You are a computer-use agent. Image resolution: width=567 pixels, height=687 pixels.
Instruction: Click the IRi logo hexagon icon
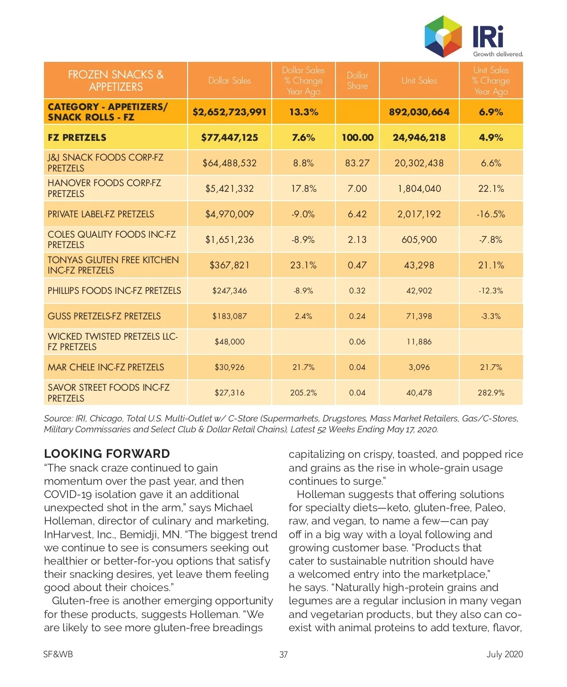tap(443, 36)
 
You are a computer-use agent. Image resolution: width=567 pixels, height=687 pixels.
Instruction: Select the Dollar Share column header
tap(357, 81)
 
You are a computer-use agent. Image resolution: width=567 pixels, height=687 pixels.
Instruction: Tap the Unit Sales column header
tap(419, 81)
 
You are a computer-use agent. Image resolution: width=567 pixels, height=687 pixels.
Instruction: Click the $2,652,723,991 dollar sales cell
tap(230, 112)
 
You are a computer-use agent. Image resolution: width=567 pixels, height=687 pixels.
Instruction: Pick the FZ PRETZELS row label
tap(77, 137)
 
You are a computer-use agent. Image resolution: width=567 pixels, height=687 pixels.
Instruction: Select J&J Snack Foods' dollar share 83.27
tap(357, 163)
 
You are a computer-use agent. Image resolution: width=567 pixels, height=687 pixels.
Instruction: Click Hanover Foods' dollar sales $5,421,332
tap(230, 189)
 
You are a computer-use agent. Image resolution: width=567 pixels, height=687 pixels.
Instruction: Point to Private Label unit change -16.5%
tap(491, 214)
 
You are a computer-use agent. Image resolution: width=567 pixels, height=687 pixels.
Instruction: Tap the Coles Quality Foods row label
tap(112, 240)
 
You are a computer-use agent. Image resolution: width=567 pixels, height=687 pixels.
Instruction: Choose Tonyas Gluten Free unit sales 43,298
tap(419, 265)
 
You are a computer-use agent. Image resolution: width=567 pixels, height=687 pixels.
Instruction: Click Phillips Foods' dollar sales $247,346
tap(230, 291)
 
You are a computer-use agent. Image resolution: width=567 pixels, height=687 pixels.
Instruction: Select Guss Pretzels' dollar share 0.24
tap(357, 316)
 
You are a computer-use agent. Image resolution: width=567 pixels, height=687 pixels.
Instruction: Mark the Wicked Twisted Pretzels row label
tap(112, 342)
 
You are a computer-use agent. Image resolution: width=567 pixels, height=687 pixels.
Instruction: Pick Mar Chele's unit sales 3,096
tap(419, 367)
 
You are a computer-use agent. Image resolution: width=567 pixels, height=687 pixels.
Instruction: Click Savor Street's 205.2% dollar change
tap(303, 393)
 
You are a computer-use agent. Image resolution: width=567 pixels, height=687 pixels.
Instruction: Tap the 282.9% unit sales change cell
tap(491, 393)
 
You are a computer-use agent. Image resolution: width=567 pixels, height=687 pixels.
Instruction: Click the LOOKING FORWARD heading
tap(107, 454)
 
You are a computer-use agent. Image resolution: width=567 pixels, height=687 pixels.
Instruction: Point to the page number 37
tap(283, 654)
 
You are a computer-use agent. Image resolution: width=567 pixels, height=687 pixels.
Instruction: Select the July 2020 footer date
tap(505, 654)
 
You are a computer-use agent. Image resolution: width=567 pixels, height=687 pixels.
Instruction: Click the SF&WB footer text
tap(58, 654)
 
